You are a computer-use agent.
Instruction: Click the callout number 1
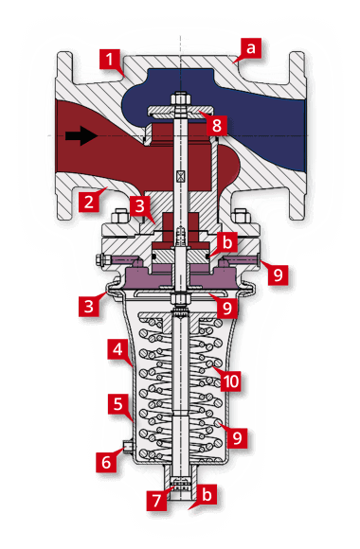(x=113, y=64)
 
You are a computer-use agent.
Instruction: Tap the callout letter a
(x=251, y=46)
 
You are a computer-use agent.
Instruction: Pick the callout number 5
(x=119, y=405)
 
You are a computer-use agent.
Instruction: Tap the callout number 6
(x=107, y=463)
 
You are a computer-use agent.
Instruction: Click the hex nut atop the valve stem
(x=178, y=97)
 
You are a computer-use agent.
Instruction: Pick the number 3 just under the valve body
(x=139, y=205)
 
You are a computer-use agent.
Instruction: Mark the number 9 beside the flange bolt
(x=277, y=274)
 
